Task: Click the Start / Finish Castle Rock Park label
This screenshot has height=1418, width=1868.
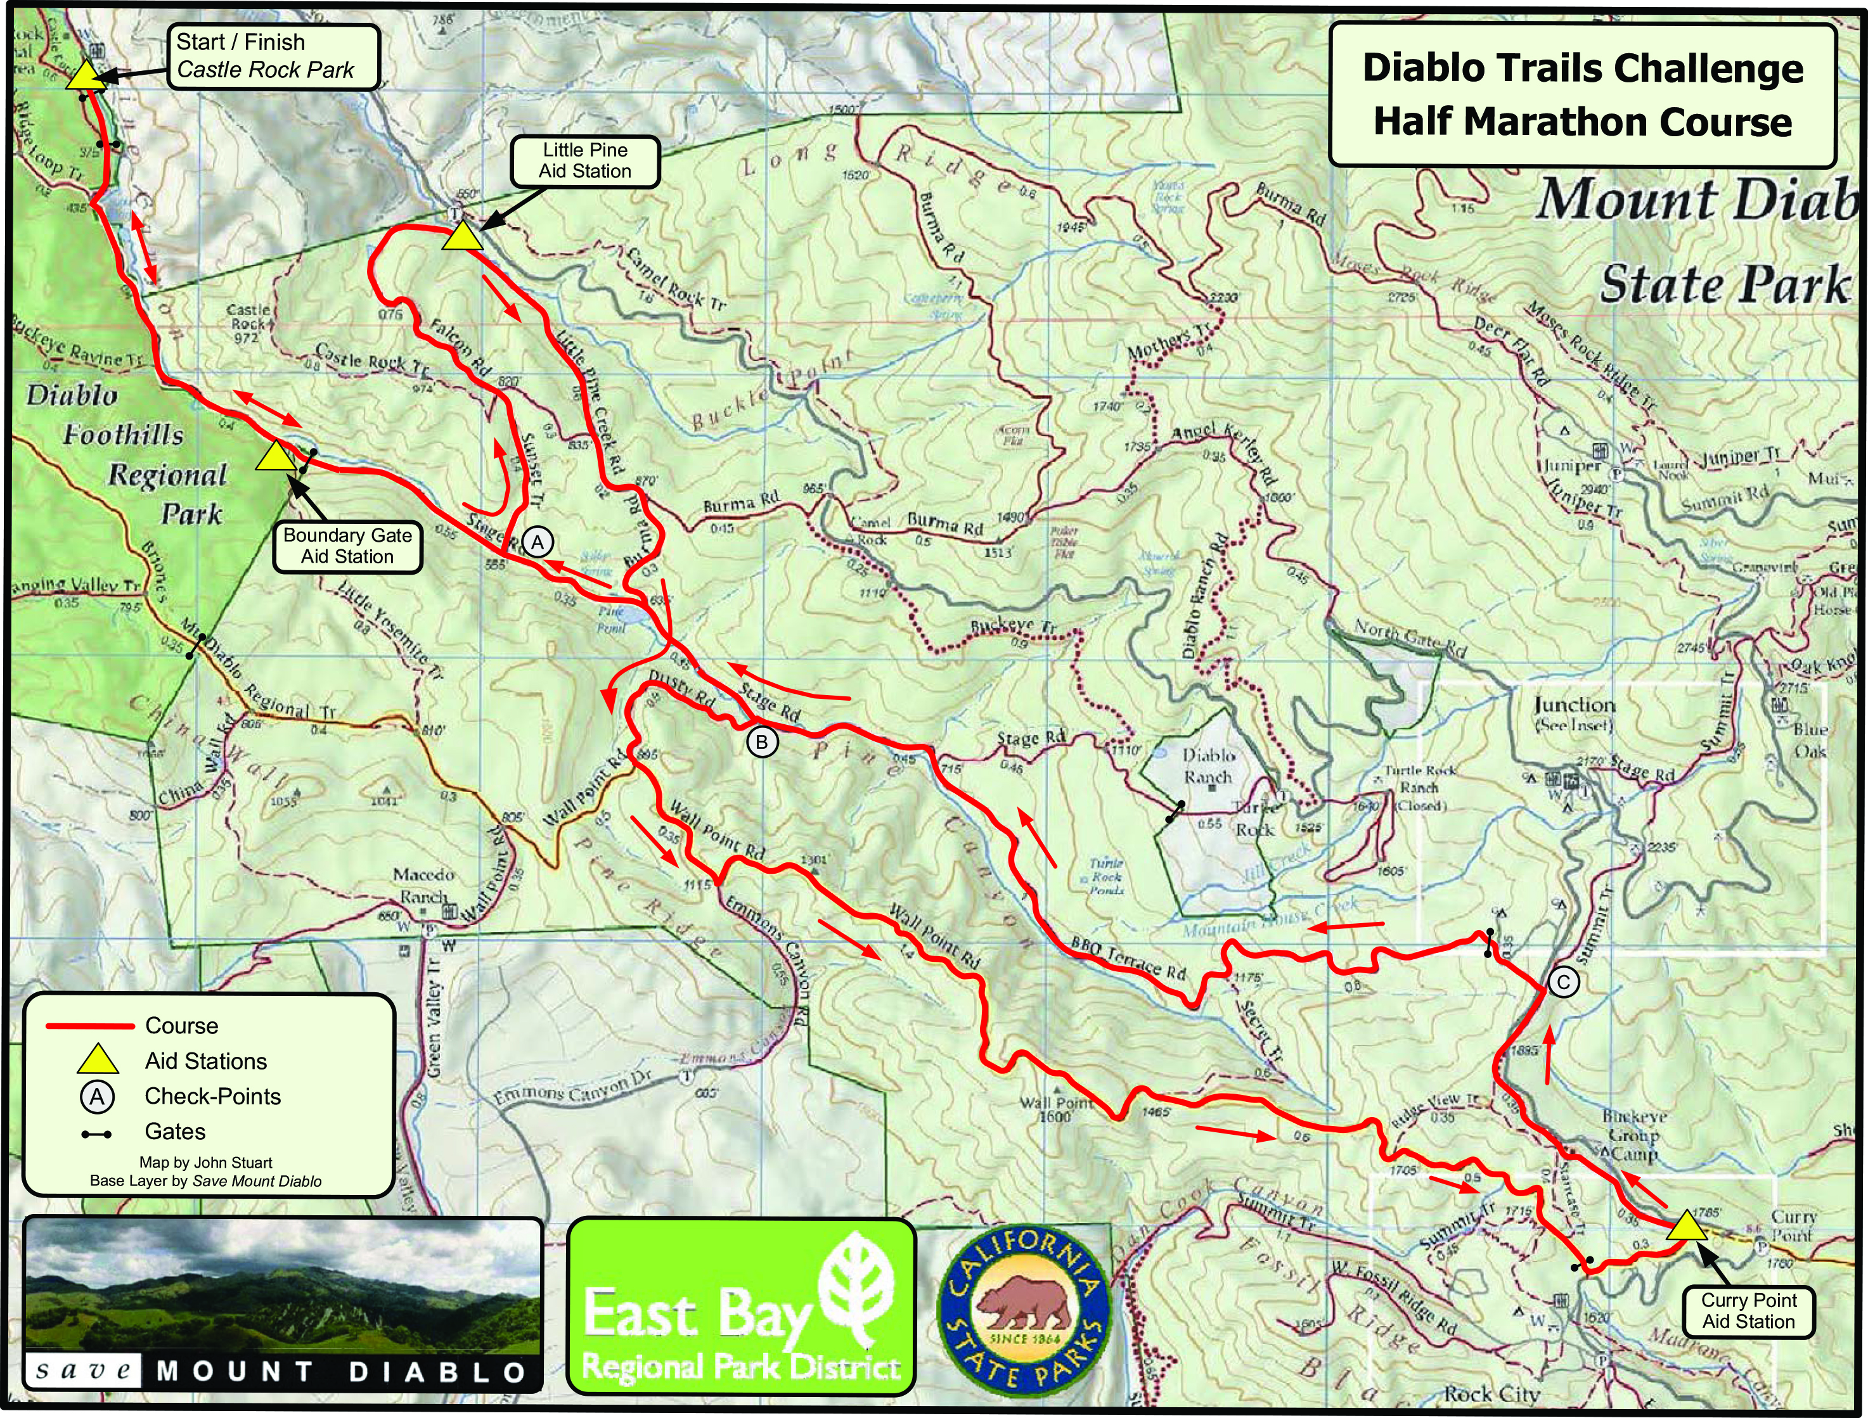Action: (274, 56)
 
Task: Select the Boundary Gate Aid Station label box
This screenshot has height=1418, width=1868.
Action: (347, 546)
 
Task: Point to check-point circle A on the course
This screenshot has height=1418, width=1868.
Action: (537, 542)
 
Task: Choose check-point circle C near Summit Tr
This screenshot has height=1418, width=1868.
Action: (1563, 981)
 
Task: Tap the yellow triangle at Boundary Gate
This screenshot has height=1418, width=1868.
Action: (274, 457)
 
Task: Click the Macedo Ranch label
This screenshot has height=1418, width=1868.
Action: (424, 885)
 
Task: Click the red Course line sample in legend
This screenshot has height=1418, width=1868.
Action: (89, 1026)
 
